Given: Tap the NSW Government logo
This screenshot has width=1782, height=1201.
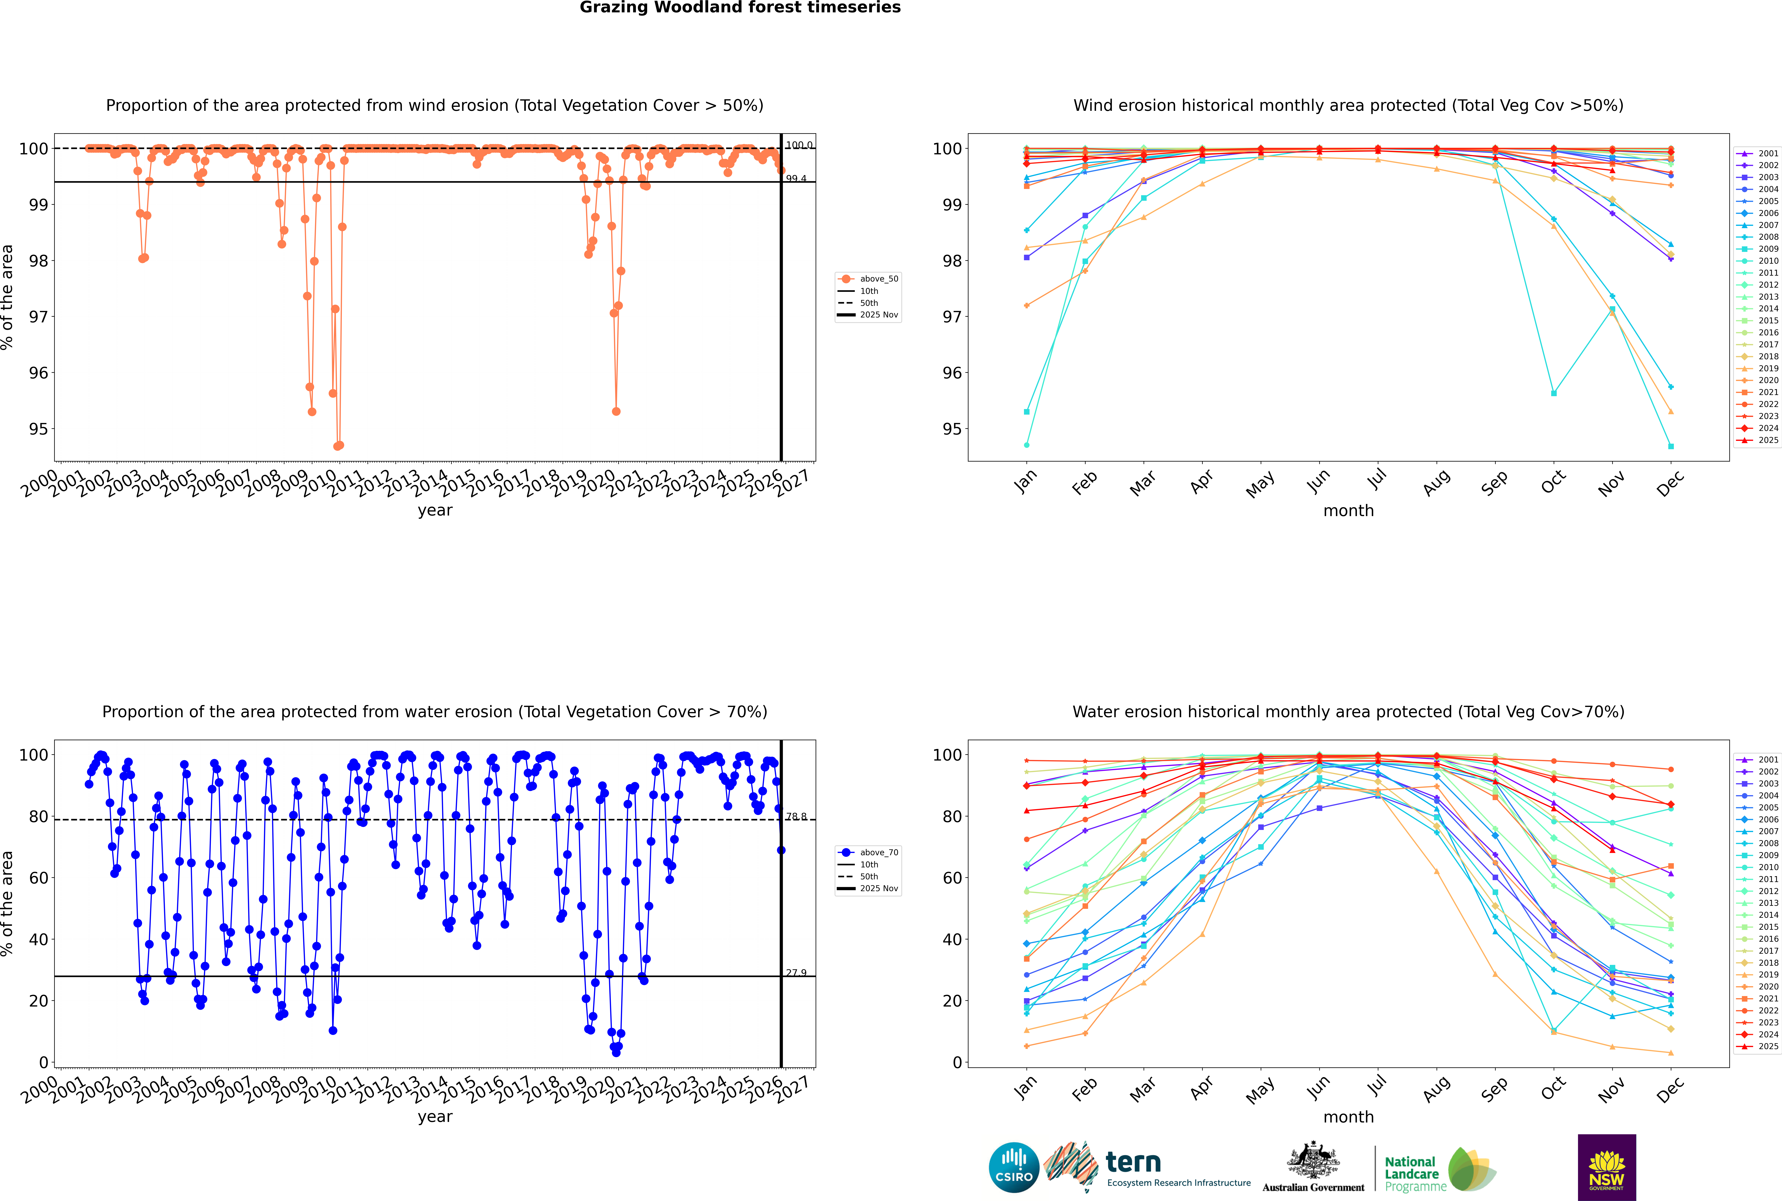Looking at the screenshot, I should click(1607, 1167).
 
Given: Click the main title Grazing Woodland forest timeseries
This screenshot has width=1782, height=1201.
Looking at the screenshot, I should click(740, 8).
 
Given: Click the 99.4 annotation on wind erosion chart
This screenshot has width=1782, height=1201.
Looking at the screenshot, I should click(796, 178).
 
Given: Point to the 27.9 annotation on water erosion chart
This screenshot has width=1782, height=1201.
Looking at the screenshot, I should click(796, 973).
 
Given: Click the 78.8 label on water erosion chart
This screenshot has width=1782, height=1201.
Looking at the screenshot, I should click(796, 816).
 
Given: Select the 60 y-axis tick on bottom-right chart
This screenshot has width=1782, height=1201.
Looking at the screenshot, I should click(952, 878).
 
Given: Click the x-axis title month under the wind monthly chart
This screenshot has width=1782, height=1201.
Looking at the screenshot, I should click(1348, 511).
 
